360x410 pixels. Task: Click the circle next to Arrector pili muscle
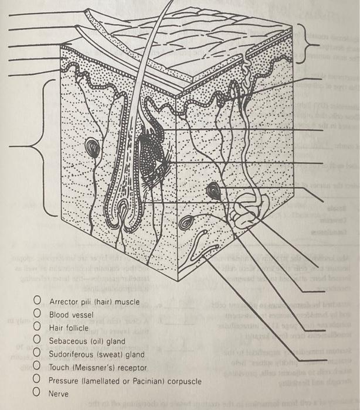point(37,302)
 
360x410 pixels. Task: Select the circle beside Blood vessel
point(37,315)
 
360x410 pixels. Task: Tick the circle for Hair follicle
point(37,328)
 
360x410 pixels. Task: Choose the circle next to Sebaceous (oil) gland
point(37,341)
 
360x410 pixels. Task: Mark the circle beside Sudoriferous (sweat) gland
point(37,354)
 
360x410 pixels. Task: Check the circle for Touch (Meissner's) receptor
point(37,367)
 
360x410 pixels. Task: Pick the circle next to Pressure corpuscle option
point(37,380)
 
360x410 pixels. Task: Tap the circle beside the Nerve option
point(37,393)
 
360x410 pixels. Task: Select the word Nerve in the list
point(59,394)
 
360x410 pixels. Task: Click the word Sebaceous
point(67,341)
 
